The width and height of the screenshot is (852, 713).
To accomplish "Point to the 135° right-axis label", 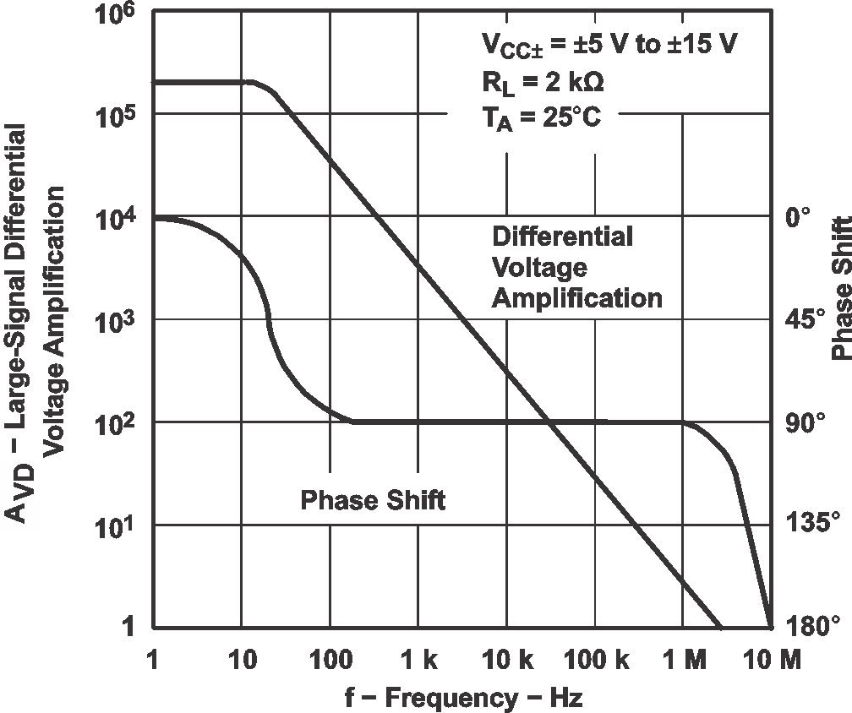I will pos(807,525).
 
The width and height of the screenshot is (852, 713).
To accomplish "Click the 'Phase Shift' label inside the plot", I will pos(373,500).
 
